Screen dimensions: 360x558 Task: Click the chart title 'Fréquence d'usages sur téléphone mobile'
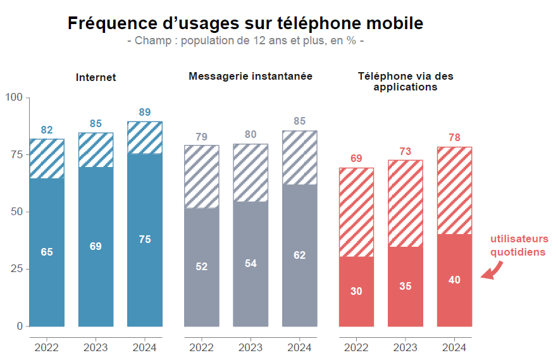coord(245,24)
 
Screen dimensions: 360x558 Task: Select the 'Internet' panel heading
coord(96,77)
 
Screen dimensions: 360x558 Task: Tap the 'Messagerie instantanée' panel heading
coord(251,77)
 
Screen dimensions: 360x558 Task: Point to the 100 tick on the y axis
coord(14,97)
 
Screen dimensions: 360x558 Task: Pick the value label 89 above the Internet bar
coord(145,113)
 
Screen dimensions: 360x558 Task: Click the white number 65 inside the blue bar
coord(47,252)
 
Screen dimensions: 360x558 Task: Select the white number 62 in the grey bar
coord(299,255)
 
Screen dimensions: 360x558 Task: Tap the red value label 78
coord(454,138)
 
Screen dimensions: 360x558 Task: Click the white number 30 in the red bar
coord(356,291)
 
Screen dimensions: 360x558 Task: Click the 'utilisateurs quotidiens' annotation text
coord(519,245)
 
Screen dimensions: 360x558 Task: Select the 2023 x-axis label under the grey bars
coord(251,347)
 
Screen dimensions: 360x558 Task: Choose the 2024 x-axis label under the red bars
coord(454,347)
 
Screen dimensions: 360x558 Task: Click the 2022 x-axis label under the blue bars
coord(47,347)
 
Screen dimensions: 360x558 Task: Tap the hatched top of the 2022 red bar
coord(356,212)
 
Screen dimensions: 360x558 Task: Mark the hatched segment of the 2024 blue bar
coord(145,137)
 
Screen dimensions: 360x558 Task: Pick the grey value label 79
coord(201,137)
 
